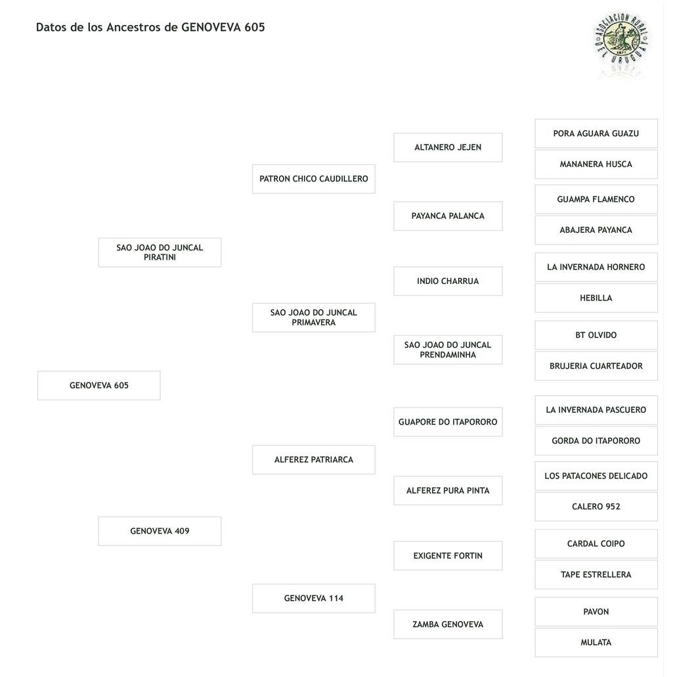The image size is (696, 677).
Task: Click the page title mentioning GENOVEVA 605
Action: pyautogui.click(x=150, y=28)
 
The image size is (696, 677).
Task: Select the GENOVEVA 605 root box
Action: pyautogui.click(x=99, y=386)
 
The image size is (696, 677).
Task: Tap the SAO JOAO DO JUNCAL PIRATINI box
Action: pyautogui.click(x=160, y=252)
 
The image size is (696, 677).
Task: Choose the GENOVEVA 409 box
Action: pyautogui.click(x=160, y=531)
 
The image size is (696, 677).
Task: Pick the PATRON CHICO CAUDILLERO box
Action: pyautogui.click(x=314, y=179)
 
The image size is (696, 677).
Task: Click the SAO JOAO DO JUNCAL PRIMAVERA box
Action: pyautogui.click(x=314, y=317)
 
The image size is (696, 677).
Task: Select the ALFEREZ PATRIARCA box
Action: pyautogui.click(x=314, y=460)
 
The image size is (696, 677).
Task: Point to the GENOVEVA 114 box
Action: pyautogui.click(x=314, y=599)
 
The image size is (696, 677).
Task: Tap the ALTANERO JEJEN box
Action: pyautogui.click(x=448, y=147)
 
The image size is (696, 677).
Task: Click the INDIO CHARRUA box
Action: pyautogui.click(x=448, y=281)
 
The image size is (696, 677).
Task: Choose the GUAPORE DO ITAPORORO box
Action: pyautogui.click(x=448, y=422)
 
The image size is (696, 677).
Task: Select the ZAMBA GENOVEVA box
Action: pyautogui.click(x=448, y=624)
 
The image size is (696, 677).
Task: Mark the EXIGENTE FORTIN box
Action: pyautogui.click(x=448, y=556)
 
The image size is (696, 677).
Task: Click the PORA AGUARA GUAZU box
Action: pyautogui.click(x=596, y=133)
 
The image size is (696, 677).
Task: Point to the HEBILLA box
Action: pyautogui.click(x=596, y=298)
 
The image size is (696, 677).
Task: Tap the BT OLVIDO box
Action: pyautogui.click(x=596, y=335)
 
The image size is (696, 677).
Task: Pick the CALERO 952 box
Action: pyautogui.click(x=596, y=507)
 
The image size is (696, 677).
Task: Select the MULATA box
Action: pyautogui.click(x=596, y=643)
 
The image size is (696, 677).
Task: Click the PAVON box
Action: pyautogui.click(x=596, y=612)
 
